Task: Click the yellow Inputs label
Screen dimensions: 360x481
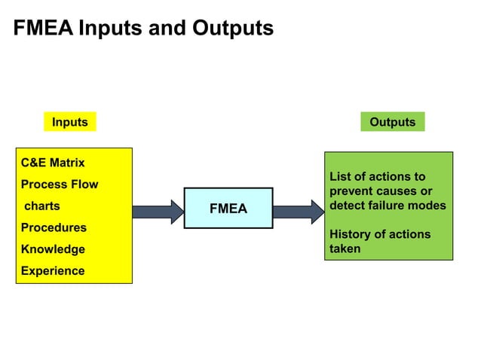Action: click(x=69, y=122)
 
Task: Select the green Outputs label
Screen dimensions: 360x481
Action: click(x=392, y=122)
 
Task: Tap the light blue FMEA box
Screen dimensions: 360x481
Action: click(x=228, y=209)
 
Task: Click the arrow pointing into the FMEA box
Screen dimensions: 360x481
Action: click(x=158, y=211)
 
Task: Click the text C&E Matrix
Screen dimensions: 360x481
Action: click(x=53, y=163)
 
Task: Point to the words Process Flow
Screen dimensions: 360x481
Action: click(x=60, y=185)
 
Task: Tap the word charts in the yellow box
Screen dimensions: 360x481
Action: click(x=42, y=206)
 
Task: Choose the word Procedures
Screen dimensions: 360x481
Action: click(x=54, y=227)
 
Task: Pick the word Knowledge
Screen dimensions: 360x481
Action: click(x=53, y=249)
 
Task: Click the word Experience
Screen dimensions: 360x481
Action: click(x=53, y=271)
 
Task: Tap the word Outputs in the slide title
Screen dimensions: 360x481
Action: click(x=233, y=29)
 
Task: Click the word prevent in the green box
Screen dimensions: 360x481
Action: click(x=351, y=191)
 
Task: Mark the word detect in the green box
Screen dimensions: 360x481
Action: click(x=348, y=206)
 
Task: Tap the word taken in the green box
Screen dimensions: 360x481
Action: click(x=345, y=249)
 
